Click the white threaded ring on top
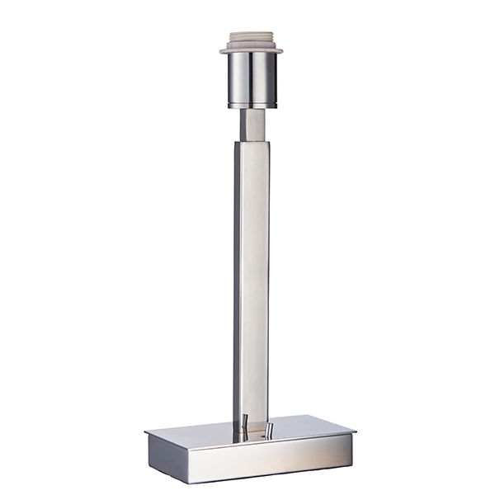[x=251, y=39]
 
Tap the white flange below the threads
[x=251, y=50]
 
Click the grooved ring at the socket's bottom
[x=252, y=105]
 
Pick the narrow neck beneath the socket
[x=252, y=125]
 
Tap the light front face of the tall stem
[x=255, y=280]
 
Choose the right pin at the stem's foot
[x=268, y=430]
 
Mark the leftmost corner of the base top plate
[x=146, y=431]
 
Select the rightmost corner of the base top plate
[x=355, y=430]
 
